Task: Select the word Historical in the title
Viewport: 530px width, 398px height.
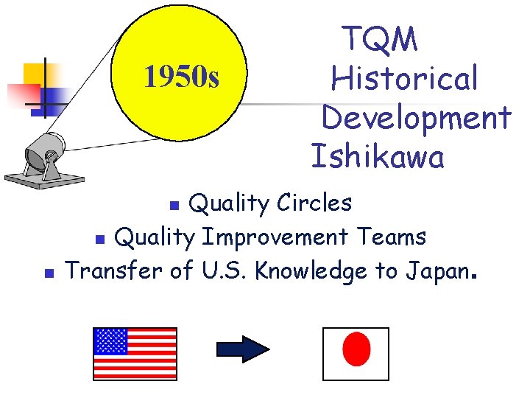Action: pyautogui.click(x=404, y=78)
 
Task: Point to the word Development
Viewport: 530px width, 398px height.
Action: pyautogui.click(x=416, y=117)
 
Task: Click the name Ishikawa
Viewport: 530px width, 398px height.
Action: pyautogui.click(x=378, y=156)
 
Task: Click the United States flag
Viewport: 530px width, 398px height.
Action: pyautogui.click(x=135, y=352)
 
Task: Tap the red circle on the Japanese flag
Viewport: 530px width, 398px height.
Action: pyautogui.click(x=357, y=349)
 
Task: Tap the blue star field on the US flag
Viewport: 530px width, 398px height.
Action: pyautogui.click(x=110, y=341)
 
